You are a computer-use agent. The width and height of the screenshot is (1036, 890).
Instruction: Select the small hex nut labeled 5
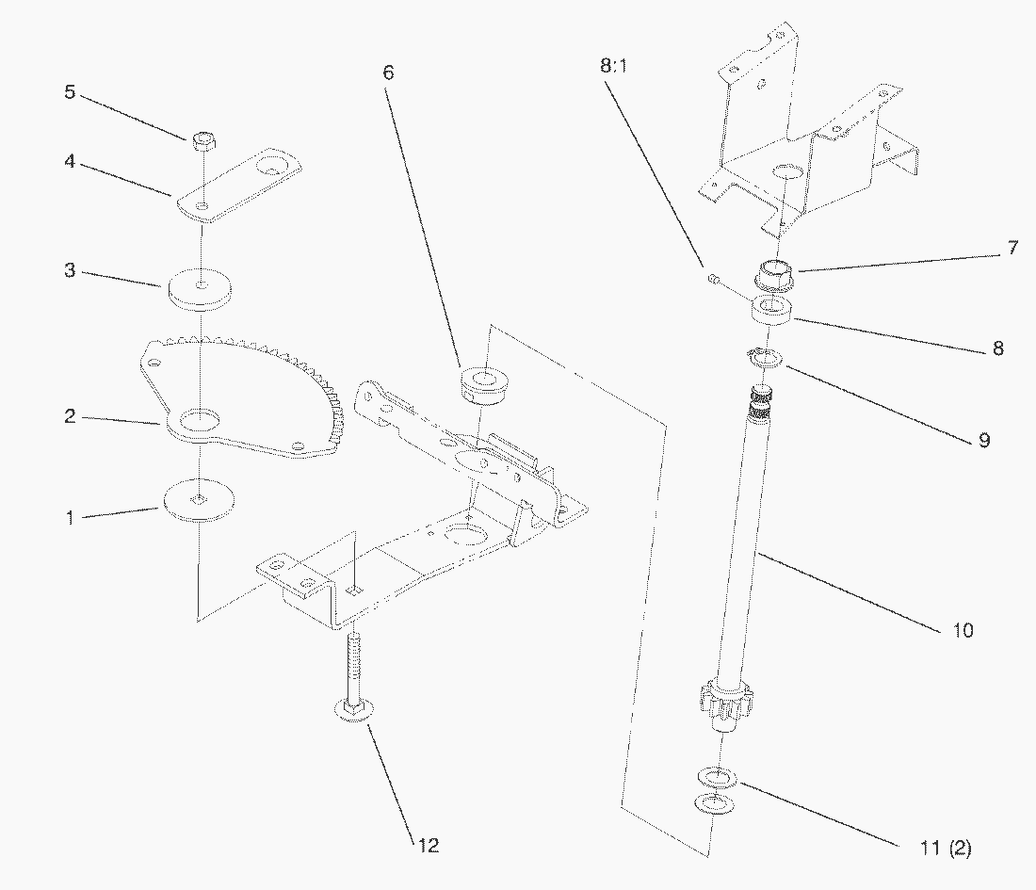(202, 142)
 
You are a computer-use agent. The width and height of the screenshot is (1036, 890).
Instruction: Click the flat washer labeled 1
(199, 499)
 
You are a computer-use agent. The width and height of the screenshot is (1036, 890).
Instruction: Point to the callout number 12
(428, 845)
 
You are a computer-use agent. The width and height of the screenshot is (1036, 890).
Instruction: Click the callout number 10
(963, 630)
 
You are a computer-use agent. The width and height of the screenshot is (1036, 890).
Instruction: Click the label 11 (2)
(945, 848)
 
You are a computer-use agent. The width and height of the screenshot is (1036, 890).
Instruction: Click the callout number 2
(70, 415)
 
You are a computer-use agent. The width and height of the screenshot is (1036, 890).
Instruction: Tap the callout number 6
(389, 72)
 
